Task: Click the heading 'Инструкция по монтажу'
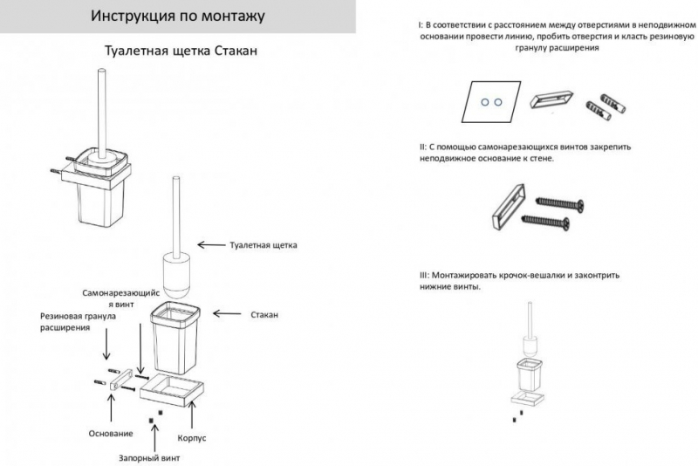click(178, 17)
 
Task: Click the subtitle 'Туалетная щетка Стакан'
click(180, 51)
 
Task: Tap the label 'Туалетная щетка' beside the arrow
click(263, 245)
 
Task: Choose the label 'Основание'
click(111, 434)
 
